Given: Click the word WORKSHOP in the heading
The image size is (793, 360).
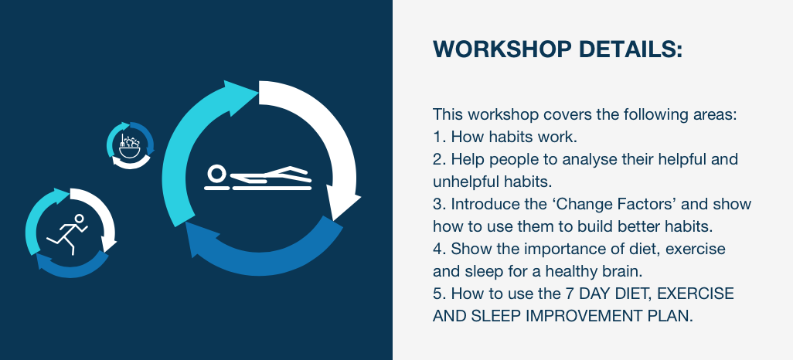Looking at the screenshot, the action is click(x=502, y=49).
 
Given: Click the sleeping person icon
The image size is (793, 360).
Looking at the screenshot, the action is click(x=258, y=178).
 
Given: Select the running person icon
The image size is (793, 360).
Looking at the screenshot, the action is click(x=67, y=234).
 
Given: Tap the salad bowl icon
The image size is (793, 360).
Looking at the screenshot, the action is click(x=129, y=145).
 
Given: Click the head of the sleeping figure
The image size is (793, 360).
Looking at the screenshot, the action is click(x=216, y=173).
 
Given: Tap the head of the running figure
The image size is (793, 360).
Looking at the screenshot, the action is click(x=79, y=219).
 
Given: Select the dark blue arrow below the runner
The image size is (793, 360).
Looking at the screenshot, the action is click(x=71, y=268).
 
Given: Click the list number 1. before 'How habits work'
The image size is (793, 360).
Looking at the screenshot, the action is click(x=440, y=137).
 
